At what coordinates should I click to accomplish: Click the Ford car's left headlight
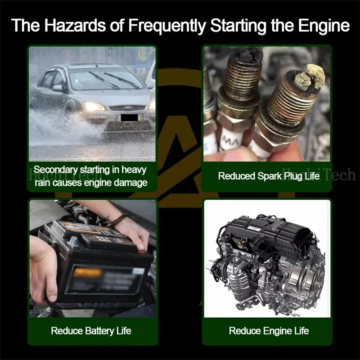coord(94,107)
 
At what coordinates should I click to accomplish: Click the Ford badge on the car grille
coord(127,108)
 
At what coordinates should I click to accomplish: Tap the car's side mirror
coord(57,88)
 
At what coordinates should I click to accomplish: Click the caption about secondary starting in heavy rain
coord(90,176)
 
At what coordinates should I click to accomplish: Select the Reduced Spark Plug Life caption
coord(269,176)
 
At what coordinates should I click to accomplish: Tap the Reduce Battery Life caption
coord(91,331)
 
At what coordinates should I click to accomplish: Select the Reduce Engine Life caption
coord(269,331)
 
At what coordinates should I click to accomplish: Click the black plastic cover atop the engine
coord(265,229)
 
